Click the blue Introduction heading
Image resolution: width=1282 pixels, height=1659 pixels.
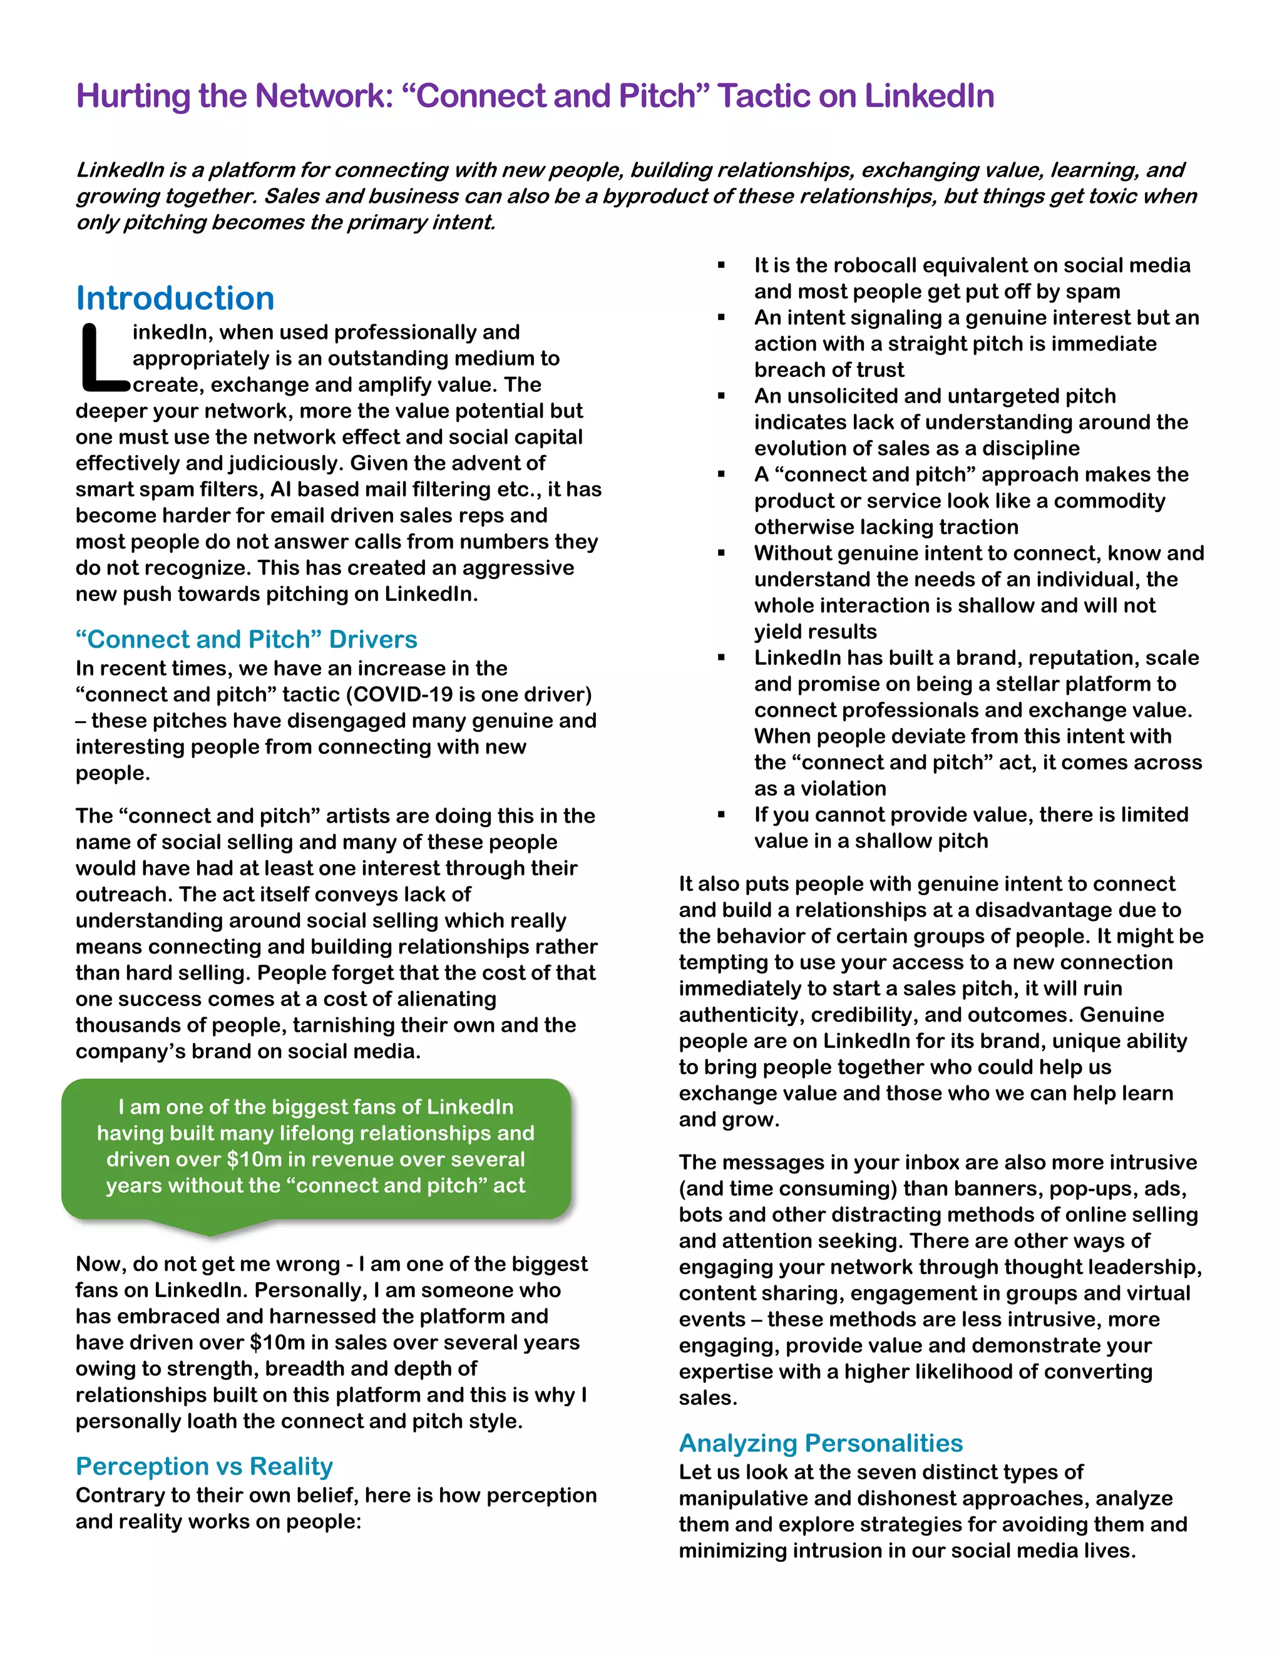point(175,298)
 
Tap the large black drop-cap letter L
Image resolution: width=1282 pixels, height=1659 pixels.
point(103,359)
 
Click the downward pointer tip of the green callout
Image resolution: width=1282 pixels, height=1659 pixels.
point(210,1232)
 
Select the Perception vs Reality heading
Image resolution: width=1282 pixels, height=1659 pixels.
point(204,1466)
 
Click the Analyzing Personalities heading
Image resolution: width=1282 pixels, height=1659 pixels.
point(820,1442)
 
